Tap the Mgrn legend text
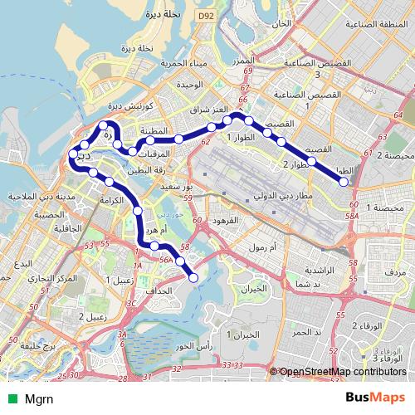click(37, 398)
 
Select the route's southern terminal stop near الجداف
click(193, 278)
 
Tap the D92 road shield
click(205, 16)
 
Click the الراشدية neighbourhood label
click(316, 271)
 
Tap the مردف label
click(394, 271)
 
